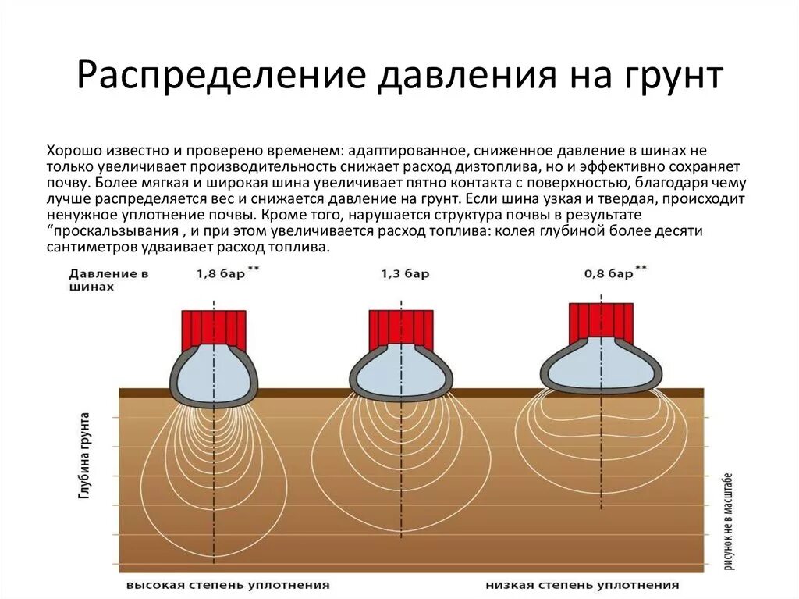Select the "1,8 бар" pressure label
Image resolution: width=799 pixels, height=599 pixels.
pyautogui.click(x=218, y=274)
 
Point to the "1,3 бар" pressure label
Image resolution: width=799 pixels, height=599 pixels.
pyautogui.click(x=405, y=274)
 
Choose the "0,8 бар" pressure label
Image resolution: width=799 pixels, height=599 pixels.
pyautogui.click(x=609, y=274)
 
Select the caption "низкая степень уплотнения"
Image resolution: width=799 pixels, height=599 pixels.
pyautogui.click(x=582, y=584)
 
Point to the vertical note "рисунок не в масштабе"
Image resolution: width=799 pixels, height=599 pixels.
pyautogui.click(x=728, y=520)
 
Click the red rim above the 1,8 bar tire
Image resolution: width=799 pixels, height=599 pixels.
pyautogui.click(x=214, y=329)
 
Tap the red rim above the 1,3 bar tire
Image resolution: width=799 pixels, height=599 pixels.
pyautogui.click(x=400, y=329)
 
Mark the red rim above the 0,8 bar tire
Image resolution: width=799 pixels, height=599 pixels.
pyautogui.click(x=599, y=319)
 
